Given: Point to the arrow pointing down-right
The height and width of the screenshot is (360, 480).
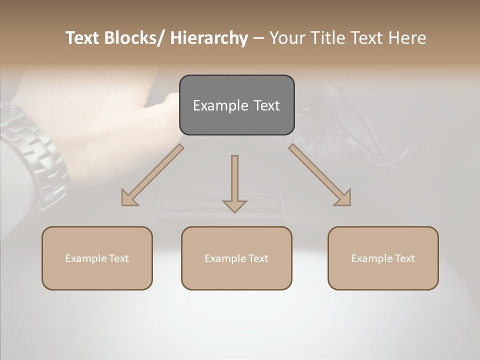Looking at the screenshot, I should coord(320,175).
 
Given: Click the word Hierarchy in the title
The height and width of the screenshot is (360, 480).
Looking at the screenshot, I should coord(209,38).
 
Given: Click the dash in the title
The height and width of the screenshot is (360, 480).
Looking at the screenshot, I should coord(258,38).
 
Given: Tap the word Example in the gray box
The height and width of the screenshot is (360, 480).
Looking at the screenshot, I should coord(220,106).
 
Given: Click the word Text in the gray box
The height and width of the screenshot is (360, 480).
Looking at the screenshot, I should coord(266,106).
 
